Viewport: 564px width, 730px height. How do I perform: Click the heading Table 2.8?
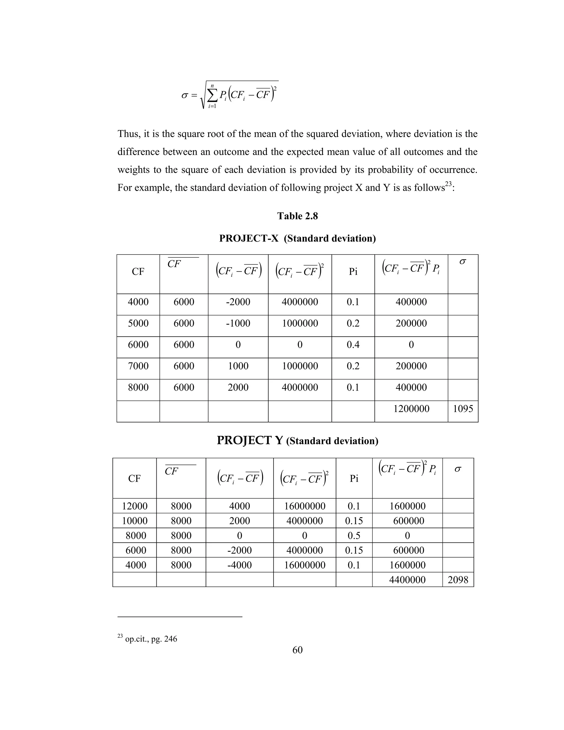[x=297, y=216]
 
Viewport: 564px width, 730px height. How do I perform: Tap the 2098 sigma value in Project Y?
[x=458, y=580]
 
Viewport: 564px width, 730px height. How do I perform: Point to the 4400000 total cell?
[x=407, y=580]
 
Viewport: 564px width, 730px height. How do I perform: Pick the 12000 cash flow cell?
[x=134, y=506]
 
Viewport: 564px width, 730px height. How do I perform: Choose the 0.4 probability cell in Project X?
[x=353, y=345]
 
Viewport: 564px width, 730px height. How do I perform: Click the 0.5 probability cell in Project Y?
[x=354, y=536]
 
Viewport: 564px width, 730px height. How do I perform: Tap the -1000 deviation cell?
[x=238, y=323]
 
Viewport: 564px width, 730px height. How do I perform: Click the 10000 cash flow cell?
[x=134, y=521]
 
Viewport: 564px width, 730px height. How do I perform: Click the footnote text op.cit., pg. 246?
[x=151, y=639]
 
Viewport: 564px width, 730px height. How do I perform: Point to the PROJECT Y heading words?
[x=250, y=440]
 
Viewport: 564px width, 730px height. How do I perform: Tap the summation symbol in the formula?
[x=212, y=96]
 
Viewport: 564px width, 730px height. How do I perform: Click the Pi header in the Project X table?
[x=353, y=272]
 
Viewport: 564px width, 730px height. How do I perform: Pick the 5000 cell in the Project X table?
[x=138, y=323]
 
